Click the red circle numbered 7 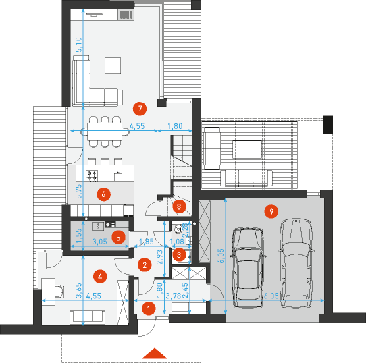(x=140, y=107)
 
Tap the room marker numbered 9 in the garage (x=270, y=212)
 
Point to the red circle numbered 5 (x=118, y=237)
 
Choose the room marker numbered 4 (x=100, y=275)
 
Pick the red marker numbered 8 (x=179, y=205)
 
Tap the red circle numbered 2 (x=142, y=265)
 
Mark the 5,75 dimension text (x=78, y=190)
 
